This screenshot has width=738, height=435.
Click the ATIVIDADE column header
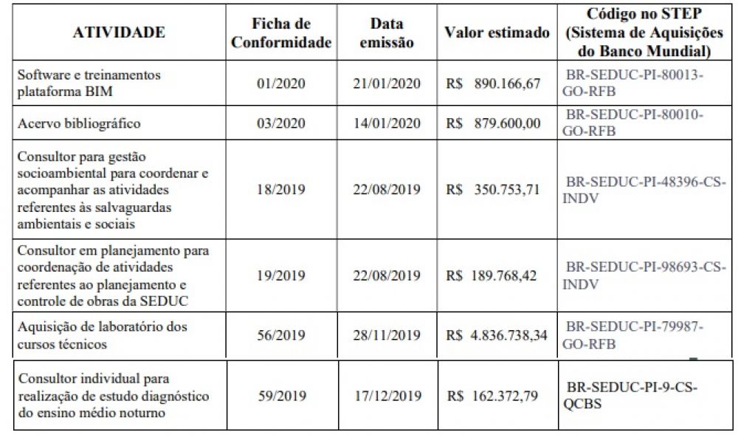click(119, 32)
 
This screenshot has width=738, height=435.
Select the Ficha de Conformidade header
click(281, 33)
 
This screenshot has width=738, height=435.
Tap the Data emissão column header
click(387, 33)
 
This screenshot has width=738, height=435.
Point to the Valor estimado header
click(497, 33)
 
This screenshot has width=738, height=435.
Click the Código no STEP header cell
click(644, 32)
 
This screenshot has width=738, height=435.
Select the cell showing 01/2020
click(281, 83)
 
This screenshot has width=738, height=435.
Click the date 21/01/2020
click(387, 83)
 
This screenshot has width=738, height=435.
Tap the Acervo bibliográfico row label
click(79, 123)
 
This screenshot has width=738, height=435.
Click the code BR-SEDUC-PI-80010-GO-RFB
click(634, 123)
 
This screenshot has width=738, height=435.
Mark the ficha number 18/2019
click(281, 190)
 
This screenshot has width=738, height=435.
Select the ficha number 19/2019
click(281, 276)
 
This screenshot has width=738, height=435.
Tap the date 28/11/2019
click(387, 335)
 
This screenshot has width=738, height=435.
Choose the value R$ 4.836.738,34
click(497, 335)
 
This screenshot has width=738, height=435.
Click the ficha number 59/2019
click(281, 396)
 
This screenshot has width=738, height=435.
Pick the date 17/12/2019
click(387, 396)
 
